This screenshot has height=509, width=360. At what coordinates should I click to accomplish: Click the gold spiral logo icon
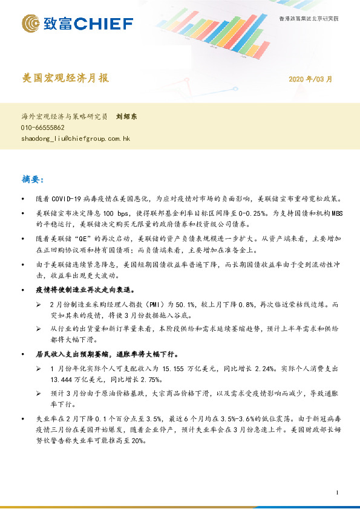(31, 24)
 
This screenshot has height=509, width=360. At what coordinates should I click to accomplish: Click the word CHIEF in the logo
(103, 24)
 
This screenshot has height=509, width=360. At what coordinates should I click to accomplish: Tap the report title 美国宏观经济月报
(65, 79)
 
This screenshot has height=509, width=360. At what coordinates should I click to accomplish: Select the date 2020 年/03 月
(310, 79)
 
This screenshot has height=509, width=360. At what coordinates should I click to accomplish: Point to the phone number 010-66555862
(42, 128)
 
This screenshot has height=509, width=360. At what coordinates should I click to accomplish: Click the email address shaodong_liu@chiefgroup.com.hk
(75, 138)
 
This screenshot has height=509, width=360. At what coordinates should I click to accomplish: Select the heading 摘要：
(37, 180)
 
